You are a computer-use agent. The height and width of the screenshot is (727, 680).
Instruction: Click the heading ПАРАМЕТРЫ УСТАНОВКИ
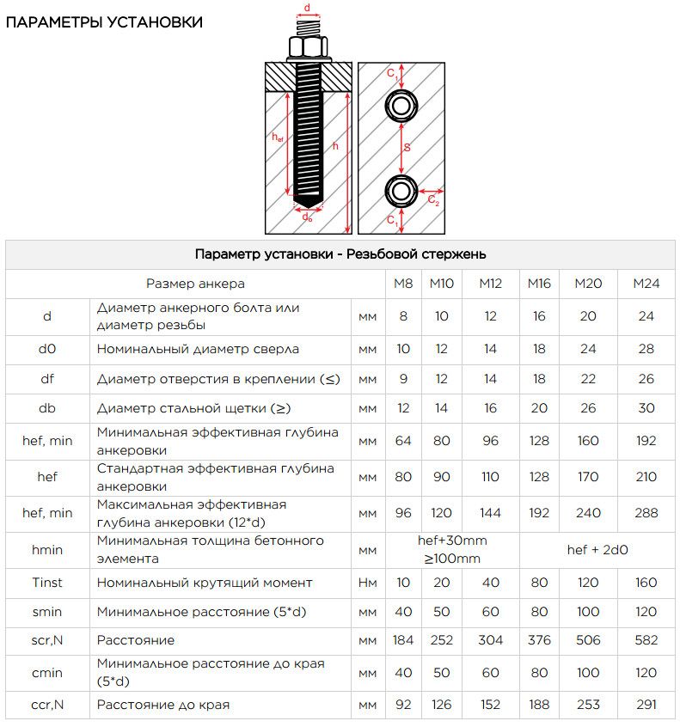click(x=104, y=22)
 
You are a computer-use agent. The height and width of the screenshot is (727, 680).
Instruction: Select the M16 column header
click(x=539, y=284)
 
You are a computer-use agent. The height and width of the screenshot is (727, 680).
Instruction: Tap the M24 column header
click(x=646, y=284)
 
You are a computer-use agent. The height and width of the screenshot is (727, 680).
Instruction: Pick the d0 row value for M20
click(x=588, y=349)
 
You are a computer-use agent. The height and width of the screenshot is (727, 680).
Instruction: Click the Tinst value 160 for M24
click(x=646, y=583)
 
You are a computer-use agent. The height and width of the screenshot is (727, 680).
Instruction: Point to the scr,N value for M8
click(x=402, y=640)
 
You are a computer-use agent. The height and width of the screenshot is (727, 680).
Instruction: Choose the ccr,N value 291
click(x=646, y=706)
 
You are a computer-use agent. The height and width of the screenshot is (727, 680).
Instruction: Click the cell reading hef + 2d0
click(x=597, y=549)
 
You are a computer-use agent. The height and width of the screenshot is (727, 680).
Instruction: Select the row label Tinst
click(x=47, y=583)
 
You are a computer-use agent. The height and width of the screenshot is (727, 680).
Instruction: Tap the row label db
click(x=47, y=408)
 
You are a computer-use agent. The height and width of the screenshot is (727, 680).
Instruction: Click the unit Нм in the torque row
click(x=367, y=583)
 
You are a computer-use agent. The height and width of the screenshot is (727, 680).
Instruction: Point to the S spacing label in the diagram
click(x=407, y=147)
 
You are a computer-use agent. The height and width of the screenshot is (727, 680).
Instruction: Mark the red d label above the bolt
click(x=308, y=9)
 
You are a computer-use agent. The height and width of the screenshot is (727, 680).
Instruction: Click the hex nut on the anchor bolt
click(x=308, y=47)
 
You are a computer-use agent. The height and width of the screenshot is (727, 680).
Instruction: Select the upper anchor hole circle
click(x=400, y=106)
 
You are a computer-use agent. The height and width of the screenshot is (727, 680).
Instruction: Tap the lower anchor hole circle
click(x=400, y=190)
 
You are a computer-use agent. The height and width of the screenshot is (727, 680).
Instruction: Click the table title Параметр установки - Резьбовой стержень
click(x=340, y=254)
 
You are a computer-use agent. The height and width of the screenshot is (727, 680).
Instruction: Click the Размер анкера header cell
click(x=195, y=284)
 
